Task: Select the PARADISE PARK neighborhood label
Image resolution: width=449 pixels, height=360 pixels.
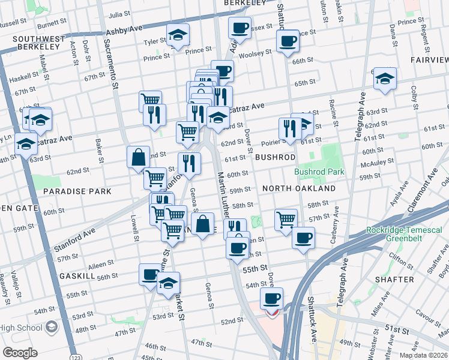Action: coord(77,191)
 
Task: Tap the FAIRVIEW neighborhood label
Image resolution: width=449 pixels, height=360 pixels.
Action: coord(429,60)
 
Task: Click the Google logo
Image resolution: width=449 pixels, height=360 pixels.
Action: coord(20,352)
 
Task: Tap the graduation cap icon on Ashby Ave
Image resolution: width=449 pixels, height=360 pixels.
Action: coord(178,35)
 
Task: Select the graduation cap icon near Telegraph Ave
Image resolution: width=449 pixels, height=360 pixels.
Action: coord(385,78)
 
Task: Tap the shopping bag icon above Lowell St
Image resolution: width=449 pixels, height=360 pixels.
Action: coord(139,157)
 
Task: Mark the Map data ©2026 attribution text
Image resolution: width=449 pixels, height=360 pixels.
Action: coord(421,355)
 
